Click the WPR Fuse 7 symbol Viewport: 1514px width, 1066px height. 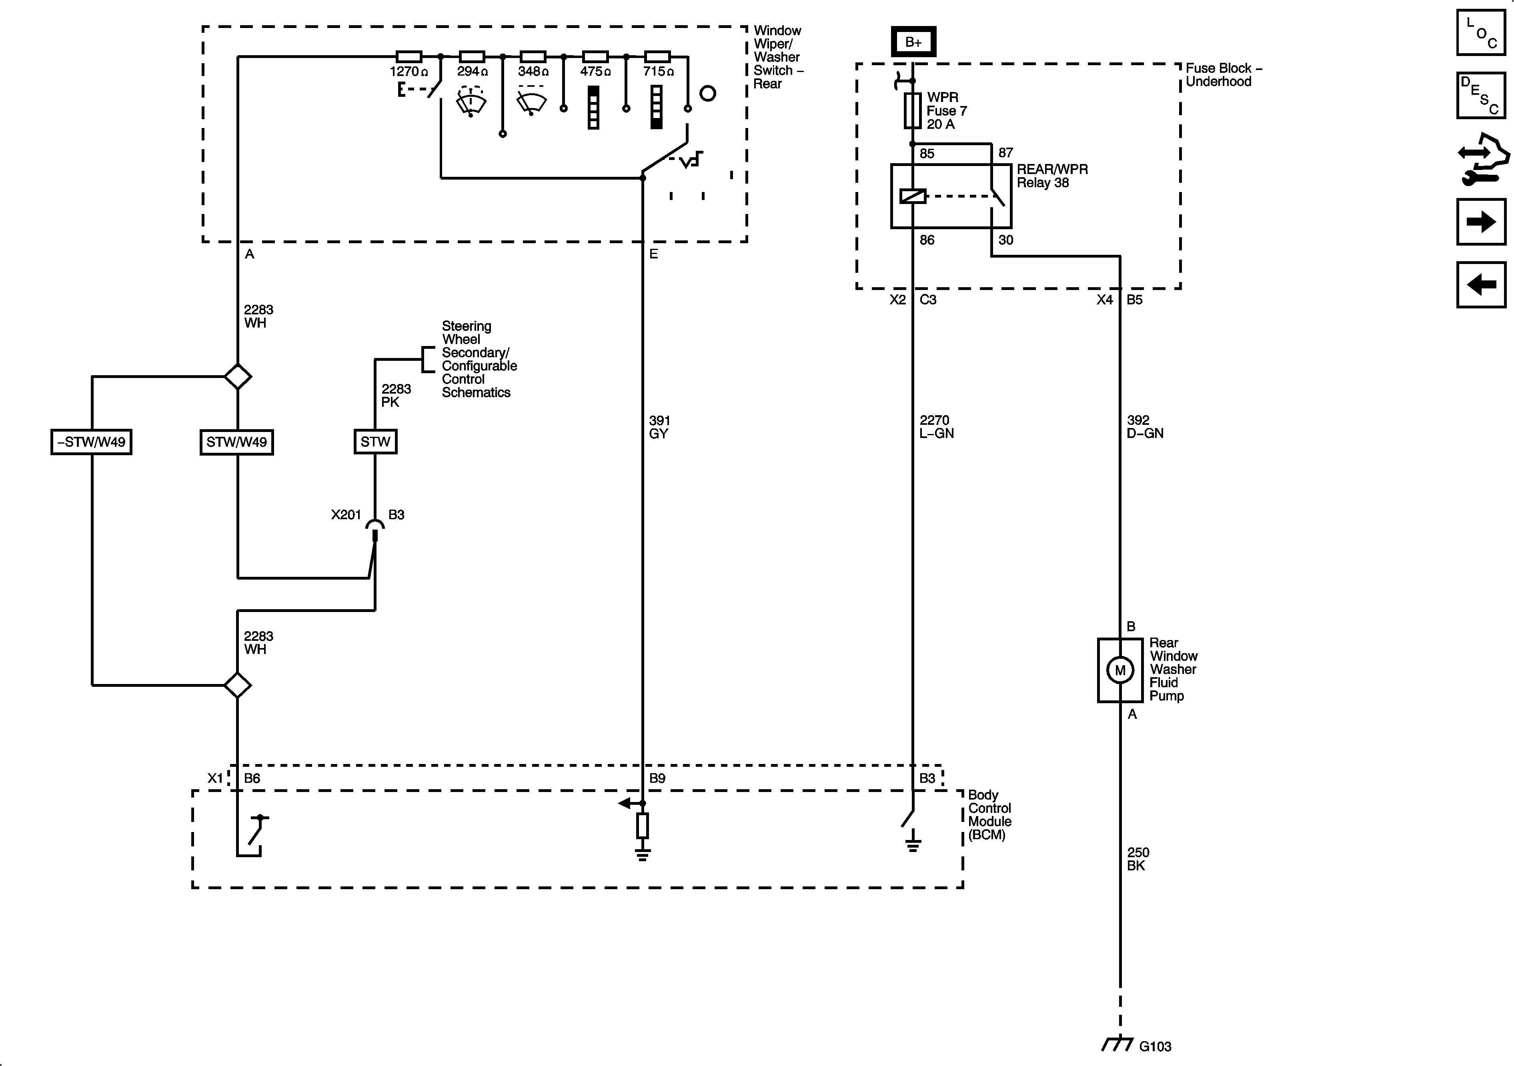click(x=913, y=110)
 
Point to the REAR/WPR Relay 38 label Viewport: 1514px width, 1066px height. click(x=1052, y=176)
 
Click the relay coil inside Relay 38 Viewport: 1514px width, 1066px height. click(x=913, y=196)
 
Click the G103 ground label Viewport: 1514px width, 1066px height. click(x=1155, y=1046)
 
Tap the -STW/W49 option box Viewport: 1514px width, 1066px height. click(x=92, y=442)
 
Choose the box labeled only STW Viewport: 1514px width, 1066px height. click(x=375, y=442)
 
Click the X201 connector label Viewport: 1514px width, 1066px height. click(x=346, y=515)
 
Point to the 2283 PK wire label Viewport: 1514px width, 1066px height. click(x=396, y=396)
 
